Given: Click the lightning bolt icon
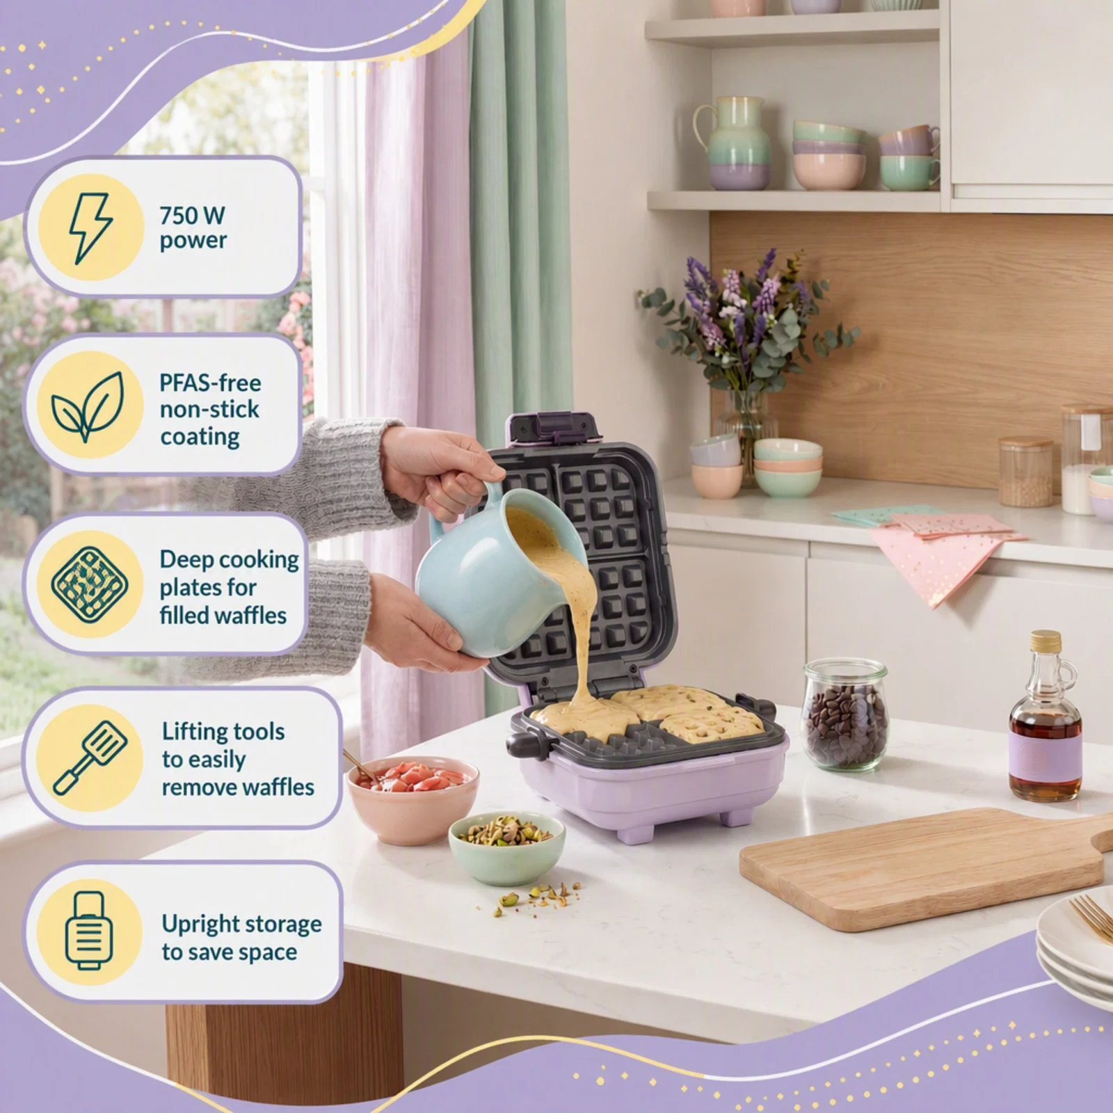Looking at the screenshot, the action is point(90,227).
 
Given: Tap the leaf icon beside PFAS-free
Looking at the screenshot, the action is point(88,406).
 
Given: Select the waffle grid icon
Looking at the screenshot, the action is point(90,584).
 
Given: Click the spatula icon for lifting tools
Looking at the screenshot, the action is point(90,758).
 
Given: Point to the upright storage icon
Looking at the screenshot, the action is point(88,931).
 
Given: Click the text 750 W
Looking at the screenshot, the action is point(192,215).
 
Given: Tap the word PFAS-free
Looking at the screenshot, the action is point(210,383).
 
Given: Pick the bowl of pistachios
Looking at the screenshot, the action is point(506,848).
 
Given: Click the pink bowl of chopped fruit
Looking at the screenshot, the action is point(413,799).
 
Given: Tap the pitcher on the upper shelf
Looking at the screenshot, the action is point(739,143).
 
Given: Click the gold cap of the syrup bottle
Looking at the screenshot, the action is point(1045,641).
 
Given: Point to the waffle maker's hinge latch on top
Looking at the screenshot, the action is point(554,427).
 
